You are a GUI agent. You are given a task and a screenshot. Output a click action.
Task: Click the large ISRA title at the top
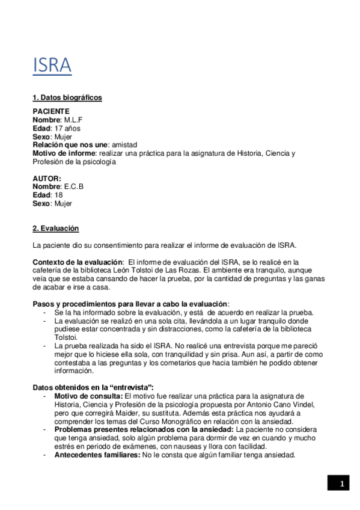52,65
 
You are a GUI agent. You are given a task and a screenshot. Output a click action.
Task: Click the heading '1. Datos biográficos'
67,97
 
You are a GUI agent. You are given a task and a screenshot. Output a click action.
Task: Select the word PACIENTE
51,111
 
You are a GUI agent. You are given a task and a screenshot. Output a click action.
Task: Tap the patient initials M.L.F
73,120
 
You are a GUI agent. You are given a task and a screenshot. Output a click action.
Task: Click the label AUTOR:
47,178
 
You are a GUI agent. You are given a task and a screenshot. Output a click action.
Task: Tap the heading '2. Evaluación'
55,229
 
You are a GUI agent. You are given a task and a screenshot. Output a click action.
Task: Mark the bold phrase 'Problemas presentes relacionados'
114,429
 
